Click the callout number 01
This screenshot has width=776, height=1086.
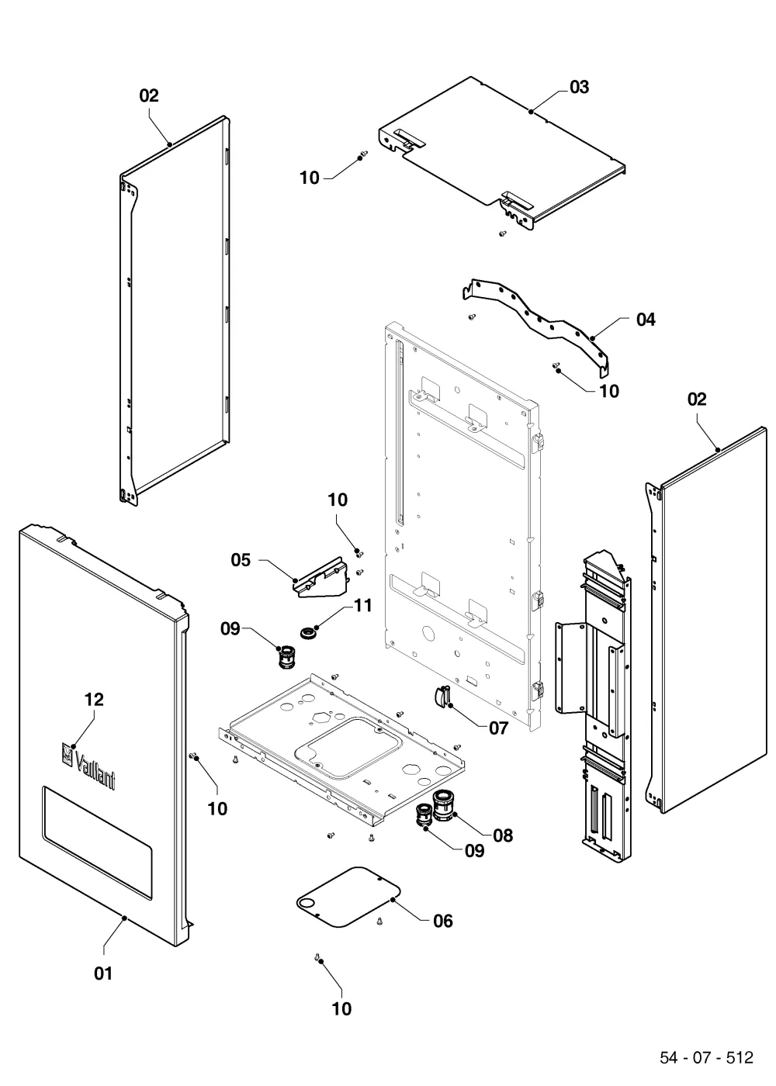click(x=102, y=973)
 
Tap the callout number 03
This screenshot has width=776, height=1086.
click(x=579, y=87)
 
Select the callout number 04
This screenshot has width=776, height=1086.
click(x=646, y=320)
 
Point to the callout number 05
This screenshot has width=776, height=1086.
click(x=241, y=560)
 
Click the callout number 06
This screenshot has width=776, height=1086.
click(x=443, y=922)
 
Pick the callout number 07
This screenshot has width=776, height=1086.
click(x=498, y=728)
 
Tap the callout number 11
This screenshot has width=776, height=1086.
click(x=363, y=605)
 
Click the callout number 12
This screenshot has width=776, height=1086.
click(x=94, y=699)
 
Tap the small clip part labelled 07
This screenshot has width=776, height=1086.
click(x=442, y=697)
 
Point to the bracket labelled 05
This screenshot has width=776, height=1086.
click(x=321, y=578)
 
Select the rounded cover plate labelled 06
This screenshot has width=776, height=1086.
click(x=348, y=897)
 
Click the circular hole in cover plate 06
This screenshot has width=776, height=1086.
click(x=307, y=902)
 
